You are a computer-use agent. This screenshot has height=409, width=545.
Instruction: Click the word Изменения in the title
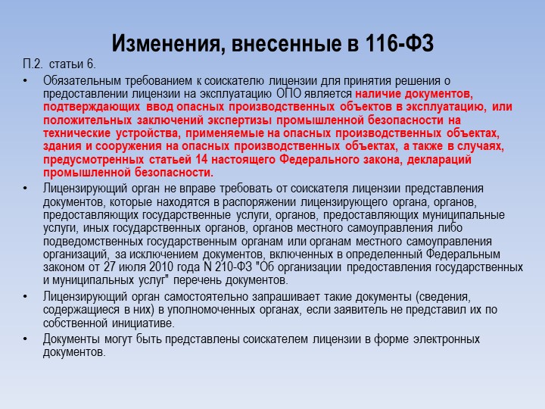tap(166, 43)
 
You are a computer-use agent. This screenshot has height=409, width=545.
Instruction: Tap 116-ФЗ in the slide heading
tap(400, 43)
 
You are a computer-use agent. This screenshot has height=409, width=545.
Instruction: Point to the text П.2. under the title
tap(33, 64)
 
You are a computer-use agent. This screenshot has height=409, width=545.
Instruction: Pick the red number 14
tap(201, 159)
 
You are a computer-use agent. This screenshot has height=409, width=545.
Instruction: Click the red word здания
tap(62, 146)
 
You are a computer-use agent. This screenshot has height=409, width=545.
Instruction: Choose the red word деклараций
tap(439, 160)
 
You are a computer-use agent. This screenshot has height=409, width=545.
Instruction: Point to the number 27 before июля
tap(110, 267)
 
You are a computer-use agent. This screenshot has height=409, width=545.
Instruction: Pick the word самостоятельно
tap(207, 297)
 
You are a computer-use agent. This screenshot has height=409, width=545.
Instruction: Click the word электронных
tap(447, 339)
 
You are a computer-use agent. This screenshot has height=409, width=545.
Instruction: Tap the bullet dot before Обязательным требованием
tap(25, 81)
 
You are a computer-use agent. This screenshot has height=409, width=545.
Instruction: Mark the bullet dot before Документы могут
tap(25, 339)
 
